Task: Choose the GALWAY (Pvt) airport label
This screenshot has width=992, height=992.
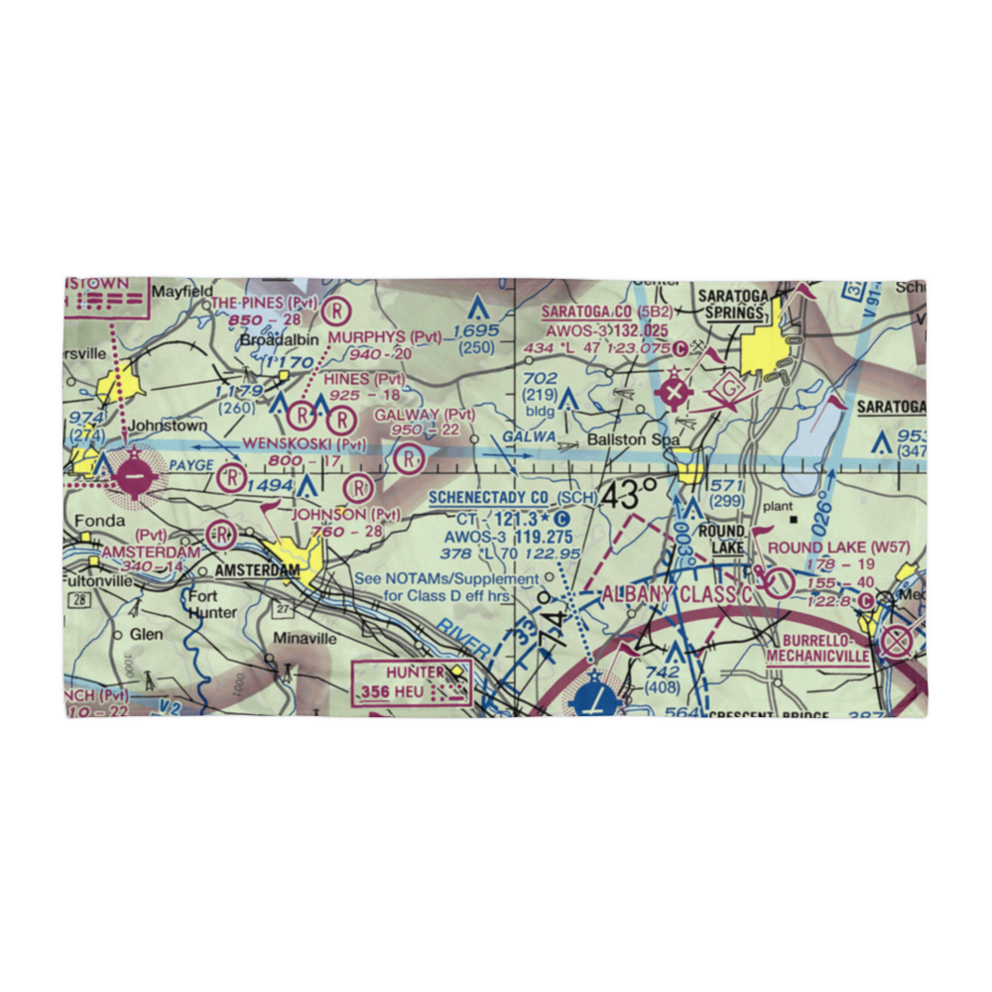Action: pyautogui.click(x=418, y=414)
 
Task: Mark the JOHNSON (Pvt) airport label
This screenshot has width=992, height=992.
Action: pyautogui.click(x=345, y=514)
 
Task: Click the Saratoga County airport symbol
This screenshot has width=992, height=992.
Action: pyautogui.click(x=676, y=394)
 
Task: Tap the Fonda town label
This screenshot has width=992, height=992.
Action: pyautogui.click(x=91, y=522)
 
